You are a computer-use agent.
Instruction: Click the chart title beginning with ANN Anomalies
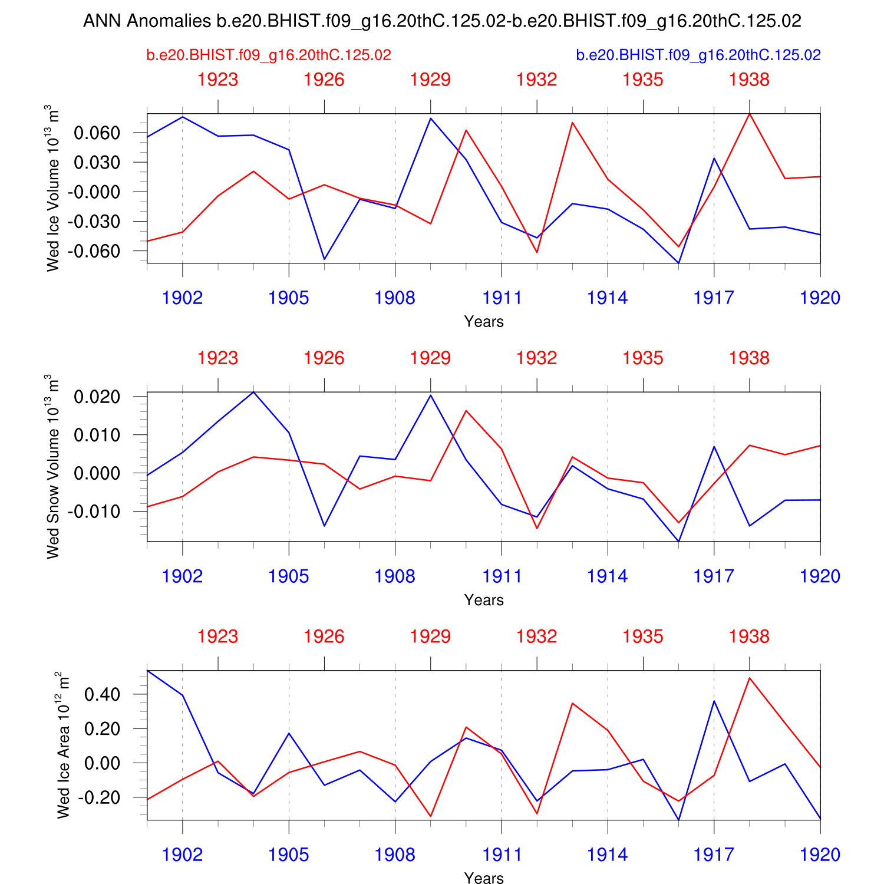click(442, 21)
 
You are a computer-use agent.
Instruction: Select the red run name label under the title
click(269, 55)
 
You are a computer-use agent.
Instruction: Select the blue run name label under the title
click(698, 55)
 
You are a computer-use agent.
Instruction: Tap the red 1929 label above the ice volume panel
click(430, 80)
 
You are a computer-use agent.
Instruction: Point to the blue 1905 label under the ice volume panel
click(289, 298)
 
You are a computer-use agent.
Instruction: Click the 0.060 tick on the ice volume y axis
click(97, 133)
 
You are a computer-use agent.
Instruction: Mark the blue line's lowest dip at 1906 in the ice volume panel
click(324, 259)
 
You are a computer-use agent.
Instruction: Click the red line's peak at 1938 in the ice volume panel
click(749, 113)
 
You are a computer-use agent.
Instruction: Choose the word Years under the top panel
click(484, 322)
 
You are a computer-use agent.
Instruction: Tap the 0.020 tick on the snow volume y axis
click(97, 397)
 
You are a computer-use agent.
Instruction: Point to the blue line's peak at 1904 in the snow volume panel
click(253, 392)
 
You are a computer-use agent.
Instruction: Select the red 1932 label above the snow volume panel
click(537, 358)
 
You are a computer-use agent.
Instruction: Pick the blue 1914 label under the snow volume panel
click(608, 576)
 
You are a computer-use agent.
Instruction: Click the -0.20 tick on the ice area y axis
click(101, 797)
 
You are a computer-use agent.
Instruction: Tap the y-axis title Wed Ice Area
click(63, 746)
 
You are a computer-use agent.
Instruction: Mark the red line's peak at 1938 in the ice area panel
click(749, 678)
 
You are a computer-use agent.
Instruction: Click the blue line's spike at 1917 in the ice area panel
click(714, 701)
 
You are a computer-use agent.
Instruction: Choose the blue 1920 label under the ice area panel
click(820, 855)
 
